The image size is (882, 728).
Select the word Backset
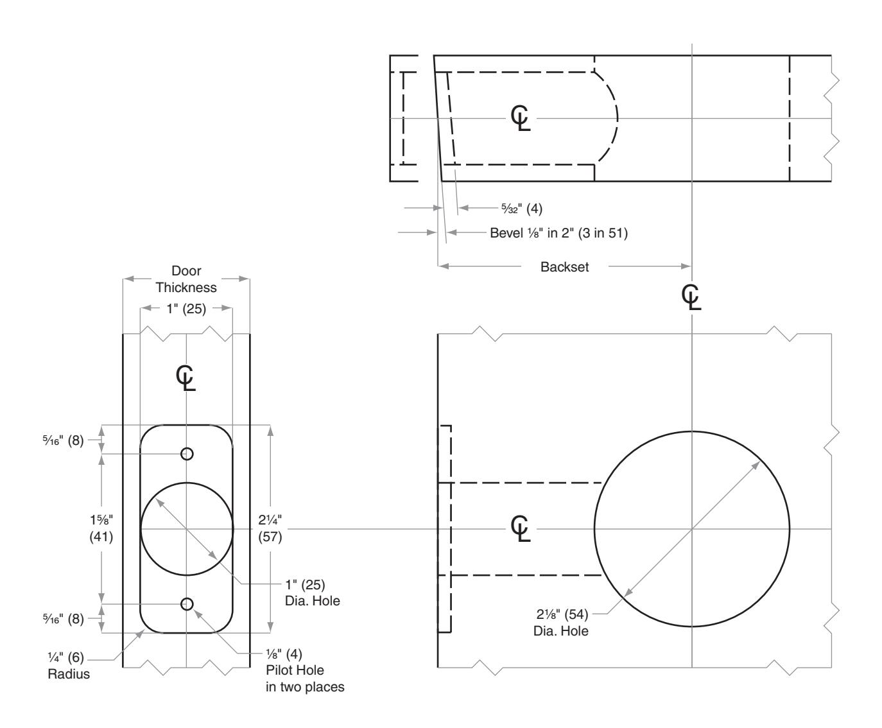(x=564, y=267)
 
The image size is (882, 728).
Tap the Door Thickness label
(x=186, y=279)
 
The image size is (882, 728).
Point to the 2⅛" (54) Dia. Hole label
(x=562, y=622)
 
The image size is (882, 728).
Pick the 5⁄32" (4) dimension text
(x=522, y=208)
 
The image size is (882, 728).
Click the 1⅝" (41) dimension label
(x=101, y=528)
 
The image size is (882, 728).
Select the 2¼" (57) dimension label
(x=270, y=528)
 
